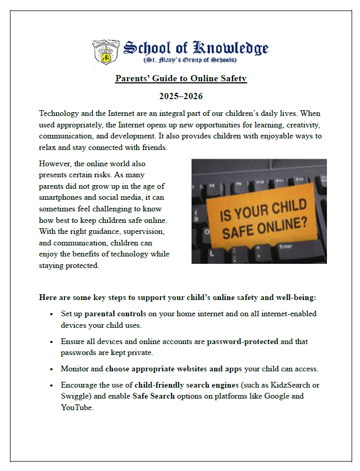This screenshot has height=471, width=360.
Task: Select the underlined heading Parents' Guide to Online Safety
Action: (181, 79)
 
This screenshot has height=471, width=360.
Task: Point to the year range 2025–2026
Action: (181, 97)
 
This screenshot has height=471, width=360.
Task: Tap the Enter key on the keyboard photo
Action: (287, 246)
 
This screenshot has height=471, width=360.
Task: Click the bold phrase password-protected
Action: (242, 341)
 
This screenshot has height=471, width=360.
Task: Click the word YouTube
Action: (77, 407)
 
